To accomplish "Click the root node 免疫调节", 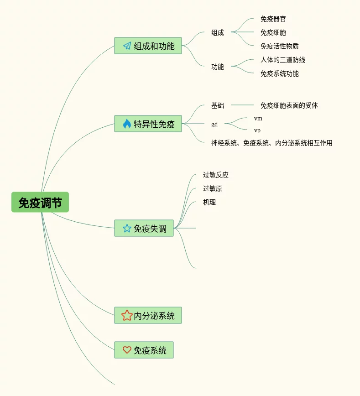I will [x=40, y=202].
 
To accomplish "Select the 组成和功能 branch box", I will [x=148, y=46].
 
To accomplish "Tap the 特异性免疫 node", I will [x=148, y=124].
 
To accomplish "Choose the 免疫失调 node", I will [x=144, y=228].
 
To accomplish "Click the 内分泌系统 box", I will [x=148, y=315].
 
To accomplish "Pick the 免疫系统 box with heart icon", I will [x=144, y=350].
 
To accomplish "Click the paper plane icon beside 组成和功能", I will [x=127, y=46].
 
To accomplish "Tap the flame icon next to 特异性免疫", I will [x=127, y=124].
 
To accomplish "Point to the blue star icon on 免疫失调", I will [x=127, y=228].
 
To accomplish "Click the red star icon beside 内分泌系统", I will [x=127, y=315].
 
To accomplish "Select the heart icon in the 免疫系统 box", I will [x=127, y=350].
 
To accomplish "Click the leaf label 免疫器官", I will [x=273, y=19].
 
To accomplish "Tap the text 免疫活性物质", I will [x=280, y=46].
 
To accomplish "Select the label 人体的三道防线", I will [x=283, y=60].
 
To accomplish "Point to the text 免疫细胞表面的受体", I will [x=289, y=105].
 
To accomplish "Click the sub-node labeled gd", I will [x=214, y=124].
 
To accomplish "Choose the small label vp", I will [x=257, y=130].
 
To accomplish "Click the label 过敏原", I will [x=213, y=188].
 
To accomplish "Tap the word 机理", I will [x=209, y=202].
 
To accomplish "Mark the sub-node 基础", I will [x=218, y=105].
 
